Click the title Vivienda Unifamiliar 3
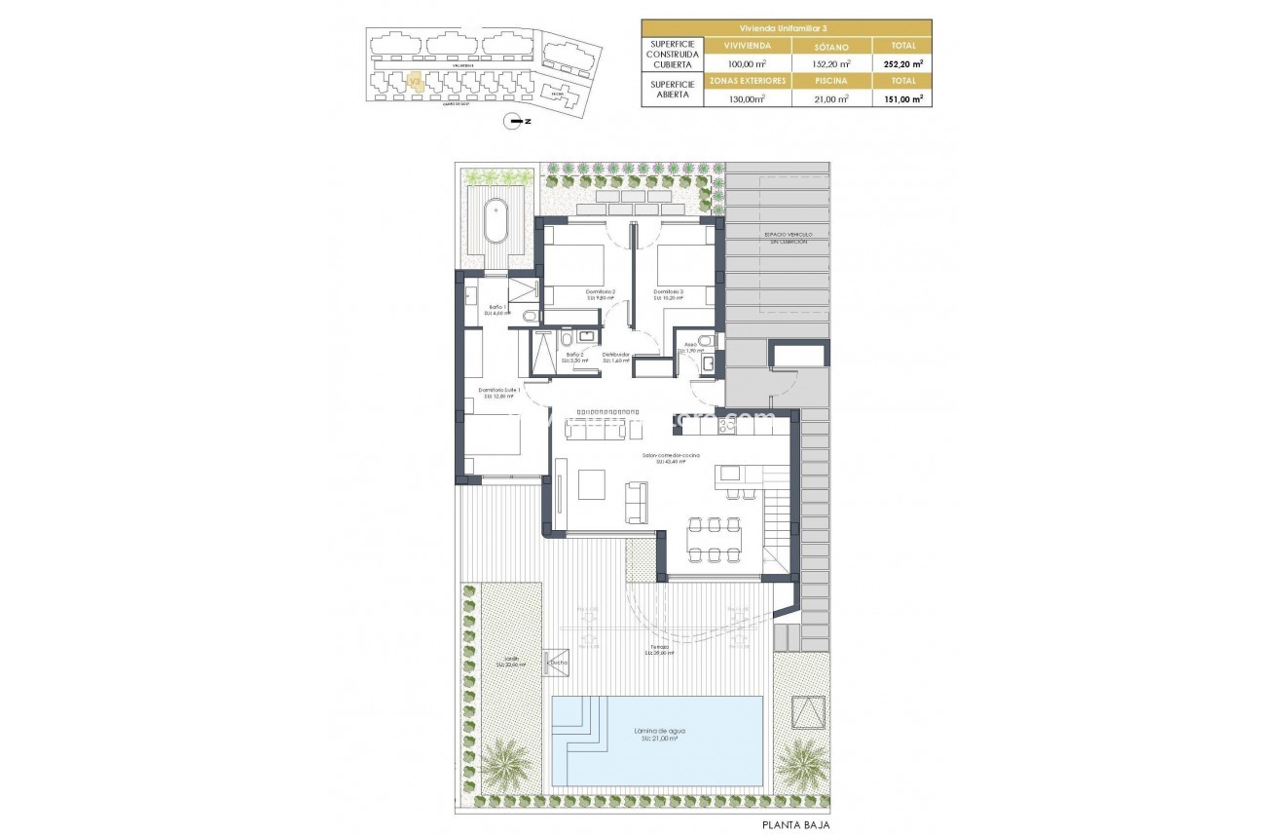tap(787, 27)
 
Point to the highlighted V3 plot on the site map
tap(416, 83)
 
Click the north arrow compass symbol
tap(515, 122)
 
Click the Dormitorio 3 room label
tap(669, 292)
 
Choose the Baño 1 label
tap(498, 309)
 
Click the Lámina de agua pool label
tap(658, 732)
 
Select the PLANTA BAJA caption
tap(796, 824)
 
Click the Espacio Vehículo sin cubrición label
tap(789, 239)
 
